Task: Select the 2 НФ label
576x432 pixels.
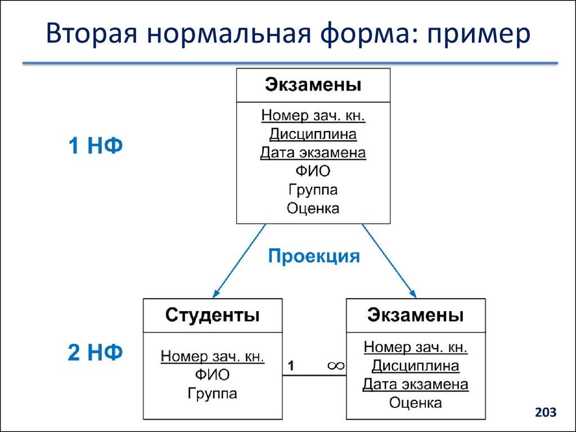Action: [x=95, y=353]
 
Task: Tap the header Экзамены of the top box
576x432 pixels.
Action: [x=313, y=85]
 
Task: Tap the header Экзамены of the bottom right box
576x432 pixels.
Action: [x=415, y=315]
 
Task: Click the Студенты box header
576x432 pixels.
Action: [x=212, y=315]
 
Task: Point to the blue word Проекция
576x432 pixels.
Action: [x=313, y=256]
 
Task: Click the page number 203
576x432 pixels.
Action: [x=545, y=413]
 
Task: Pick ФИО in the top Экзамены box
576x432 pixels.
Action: [x=313, y=171]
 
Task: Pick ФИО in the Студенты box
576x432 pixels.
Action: [x=212, y=375]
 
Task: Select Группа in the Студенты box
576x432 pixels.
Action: [x=212, y=393]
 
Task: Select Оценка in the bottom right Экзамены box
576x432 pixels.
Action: [x=415, y=403]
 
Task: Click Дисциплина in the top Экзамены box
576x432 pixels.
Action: [x=313, y=134]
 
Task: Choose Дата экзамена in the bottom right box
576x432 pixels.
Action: [x=415, y=384]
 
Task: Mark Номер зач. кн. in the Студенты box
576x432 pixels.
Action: [x=212, y=356]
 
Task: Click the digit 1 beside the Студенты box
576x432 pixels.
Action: [x=291, y=366]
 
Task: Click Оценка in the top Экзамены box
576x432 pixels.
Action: [x=313, y=208]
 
